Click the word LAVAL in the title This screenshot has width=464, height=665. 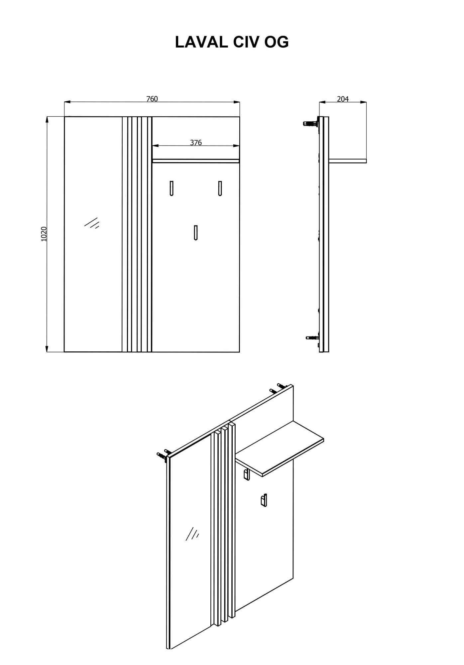point(201,42)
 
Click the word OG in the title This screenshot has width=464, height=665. point(277,42)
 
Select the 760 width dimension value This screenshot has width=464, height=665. point(152,99)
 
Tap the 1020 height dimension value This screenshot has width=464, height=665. point(44,234)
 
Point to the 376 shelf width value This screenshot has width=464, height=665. point(196,143)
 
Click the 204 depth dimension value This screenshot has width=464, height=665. point(343,99)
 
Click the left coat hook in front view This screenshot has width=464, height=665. point(172,188)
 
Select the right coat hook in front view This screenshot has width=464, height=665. point(220,188)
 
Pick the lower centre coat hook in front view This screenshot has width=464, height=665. point(196,232)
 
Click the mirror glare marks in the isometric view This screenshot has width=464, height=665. point(192,534)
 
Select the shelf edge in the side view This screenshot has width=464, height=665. point(348,161)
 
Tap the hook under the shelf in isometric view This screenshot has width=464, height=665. point(246,474)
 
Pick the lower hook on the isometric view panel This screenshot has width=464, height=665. point(264,510)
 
